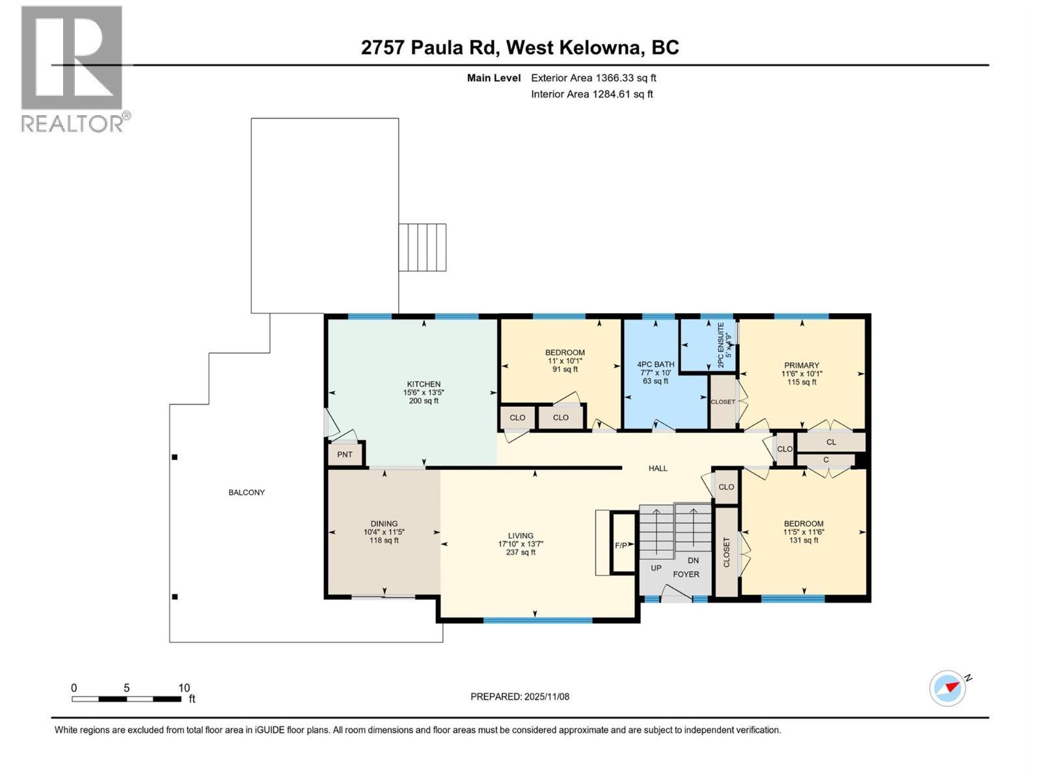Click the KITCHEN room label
[x=424, y=384]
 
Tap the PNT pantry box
[x=345, y=454]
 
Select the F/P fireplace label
[x=621, y=545]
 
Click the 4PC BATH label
[x=655, y=364]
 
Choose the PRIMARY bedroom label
[x=802, y=365]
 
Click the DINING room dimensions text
[x=384, y=532]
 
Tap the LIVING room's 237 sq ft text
[x=520, y=553]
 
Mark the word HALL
[x=658, y=468]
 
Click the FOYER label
[x=686, y=574]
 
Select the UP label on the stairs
[x=656, y=568]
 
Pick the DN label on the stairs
[x=694, y=560]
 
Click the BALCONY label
[x=247, y=493]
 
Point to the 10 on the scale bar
[x=184, y=688]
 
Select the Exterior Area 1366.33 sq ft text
[x=593, y=78]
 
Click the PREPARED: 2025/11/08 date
[x=520, y=696]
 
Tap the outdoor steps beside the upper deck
[x=422, y=247]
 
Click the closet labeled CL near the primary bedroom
[x=831, y=442]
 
